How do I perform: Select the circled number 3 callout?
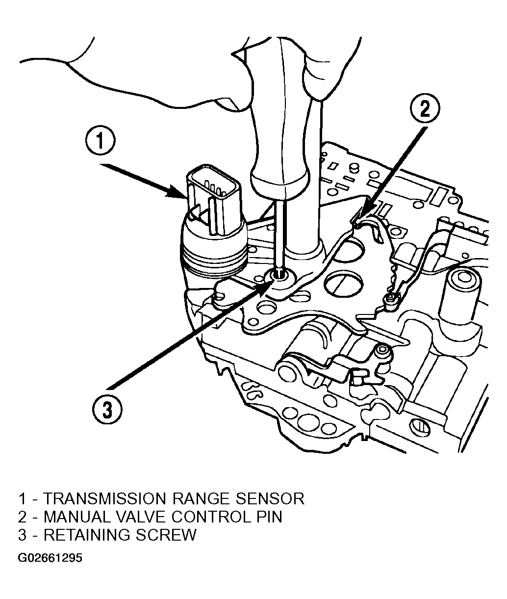click(107, 410)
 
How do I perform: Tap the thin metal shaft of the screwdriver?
click(279, 234)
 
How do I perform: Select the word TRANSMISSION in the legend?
click(104, 499)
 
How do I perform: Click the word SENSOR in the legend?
click(270, 499)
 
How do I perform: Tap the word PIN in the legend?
click(269, 517)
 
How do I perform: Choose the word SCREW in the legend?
click(166, 535)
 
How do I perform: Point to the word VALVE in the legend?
click(141, 517)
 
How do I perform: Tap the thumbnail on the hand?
click(229, 104)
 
